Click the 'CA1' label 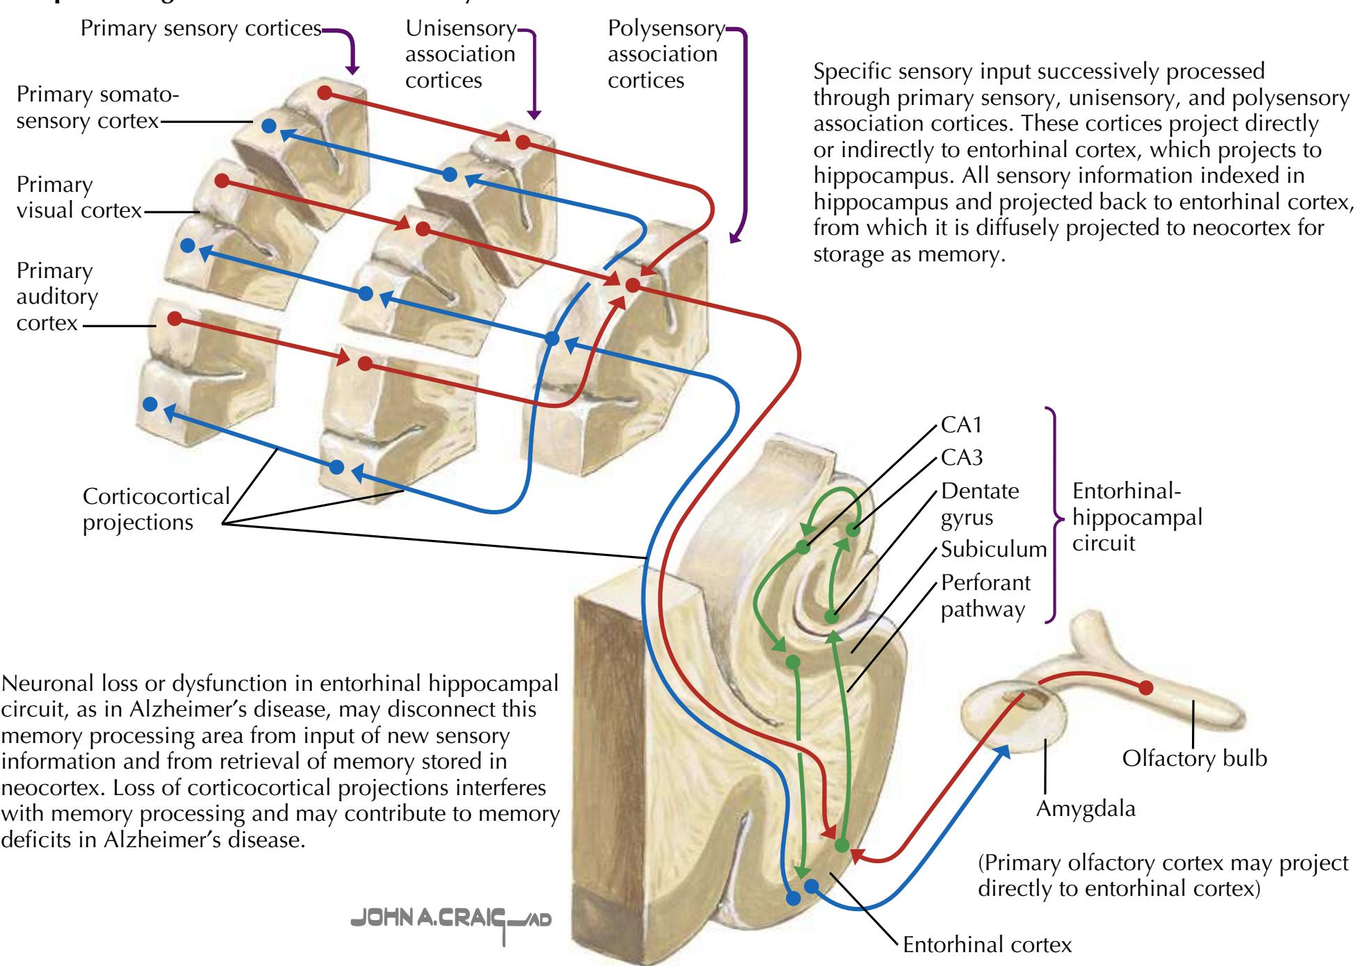click(962, 425)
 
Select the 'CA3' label click(962, 458)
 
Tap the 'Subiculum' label click(993, 550)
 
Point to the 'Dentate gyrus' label click(979, 504)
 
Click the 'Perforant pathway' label click(986, 596)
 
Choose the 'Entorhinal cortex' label click(987, 945)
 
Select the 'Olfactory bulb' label click(1194, 758)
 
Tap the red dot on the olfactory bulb click(1145, 687)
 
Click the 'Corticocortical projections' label click(156, 509)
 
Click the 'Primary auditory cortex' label click(57, 297)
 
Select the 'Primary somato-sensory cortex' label click(97, 108)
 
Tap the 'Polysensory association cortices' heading click(665, 54)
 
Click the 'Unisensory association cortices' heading click(460, 54)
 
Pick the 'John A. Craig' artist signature click(452, 919)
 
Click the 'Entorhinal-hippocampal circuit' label click(1137, 517)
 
